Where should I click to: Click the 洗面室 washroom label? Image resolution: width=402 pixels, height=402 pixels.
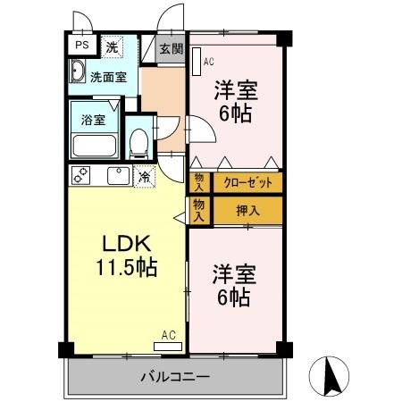107,77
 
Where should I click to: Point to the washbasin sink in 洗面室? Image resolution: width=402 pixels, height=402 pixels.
76,74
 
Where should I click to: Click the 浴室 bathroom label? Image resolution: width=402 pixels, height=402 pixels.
92,120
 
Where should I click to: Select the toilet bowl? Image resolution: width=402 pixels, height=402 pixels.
138,143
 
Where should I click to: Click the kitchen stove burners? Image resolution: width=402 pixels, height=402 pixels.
81,176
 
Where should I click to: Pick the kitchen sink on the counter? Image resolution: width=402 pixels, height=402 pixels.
116,176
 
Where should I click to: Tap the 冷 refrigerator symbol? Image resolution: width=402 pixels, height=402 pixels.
144,176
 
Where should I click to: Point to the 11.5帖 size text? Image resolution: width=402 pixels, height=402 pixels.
128,266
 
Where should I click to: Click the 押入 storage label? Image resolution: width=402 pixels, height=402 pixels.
247,211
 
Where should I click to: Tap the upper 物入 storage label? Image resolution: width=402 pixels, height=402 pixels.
199,183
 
